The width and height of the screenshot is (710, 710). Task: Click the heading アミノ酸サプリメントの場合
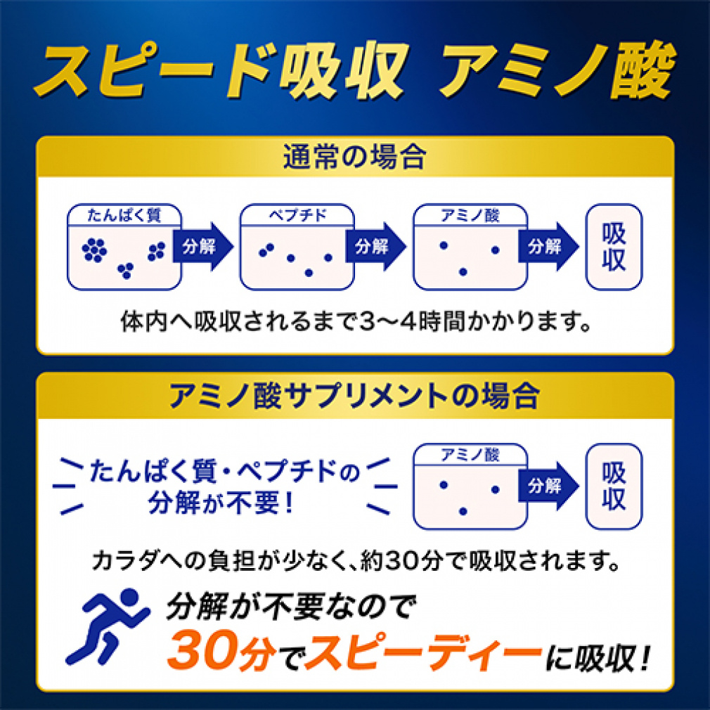point(354,395)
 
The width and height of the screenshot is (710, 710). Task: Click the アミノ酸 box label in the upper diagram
point(470,215)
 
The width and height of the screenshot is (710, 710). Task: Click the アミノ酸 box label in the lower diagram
point(470,454)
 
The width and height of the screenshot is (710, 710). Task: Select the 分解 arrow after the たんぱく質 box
point(201,247)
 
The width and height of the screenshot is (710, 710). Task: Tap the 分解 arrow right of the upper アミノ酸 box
point(547,247)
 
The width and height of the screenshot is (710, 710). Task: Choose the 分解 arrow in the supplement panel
point(547,486)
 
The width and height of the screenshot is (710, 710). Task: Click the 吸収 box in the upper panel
point(614,247)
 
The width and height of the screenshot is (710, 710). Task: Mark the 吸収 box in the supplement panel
point(614,486)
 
